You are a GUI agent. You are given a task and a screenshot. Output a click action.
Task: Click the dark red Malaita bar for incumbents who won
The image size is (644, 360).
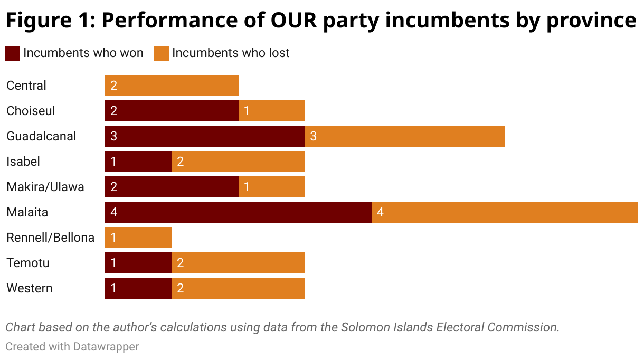(x=238, y=212)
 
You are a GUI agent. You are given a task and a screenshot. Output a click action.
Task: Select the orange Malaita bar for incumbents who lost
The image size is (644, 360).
(x=504, y=212)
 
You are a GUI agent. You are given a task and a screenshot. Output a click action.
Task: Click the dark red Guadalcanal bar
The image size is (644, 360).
(x=205, y=136)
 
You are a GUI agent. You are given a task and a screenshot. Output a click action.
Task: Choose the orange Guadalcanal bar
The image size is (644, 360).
(x=405, y=136)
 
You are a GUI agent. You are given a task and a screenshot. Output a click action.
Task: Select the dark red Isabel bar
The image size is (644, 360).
(x=138, y=162)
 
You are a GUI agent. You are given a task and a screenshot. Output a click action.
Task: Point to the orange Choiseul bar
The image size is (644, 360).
(x=272, y=111)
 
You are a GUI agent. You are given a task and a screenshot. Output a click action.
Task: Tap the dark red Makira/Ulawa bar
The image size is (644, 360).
(x=172, y=187)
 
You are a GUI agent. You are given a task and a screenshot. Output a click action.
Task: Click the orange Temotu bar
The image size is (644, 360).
(x=239, y=263)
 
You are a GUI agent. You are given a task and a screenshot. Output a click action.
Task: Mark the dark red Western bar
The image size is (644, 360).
(x=138, y=288)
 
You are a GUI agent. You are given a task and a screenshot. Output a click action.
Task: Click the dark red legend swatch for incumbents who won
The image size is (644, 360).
(x=13, y=53)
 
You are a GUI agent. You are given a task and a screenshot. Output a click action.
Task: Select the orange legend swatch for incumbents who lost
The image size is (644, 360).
(x=162, y=53)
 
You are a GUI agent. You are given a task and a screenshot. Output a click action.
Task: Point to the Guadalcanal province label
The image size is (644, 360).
(x=41, y=136)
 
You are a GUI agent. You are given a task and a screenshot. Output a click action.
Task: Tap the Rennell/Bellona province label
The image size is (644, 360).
(x=50, y=238)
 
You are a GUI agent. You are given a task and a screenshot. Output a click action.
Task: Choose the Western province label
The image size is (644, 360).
(x=30, y=288)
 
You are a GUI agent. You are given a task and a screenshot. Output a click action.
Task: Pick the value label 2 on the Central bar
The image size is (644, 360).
(x=114, y=86)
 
